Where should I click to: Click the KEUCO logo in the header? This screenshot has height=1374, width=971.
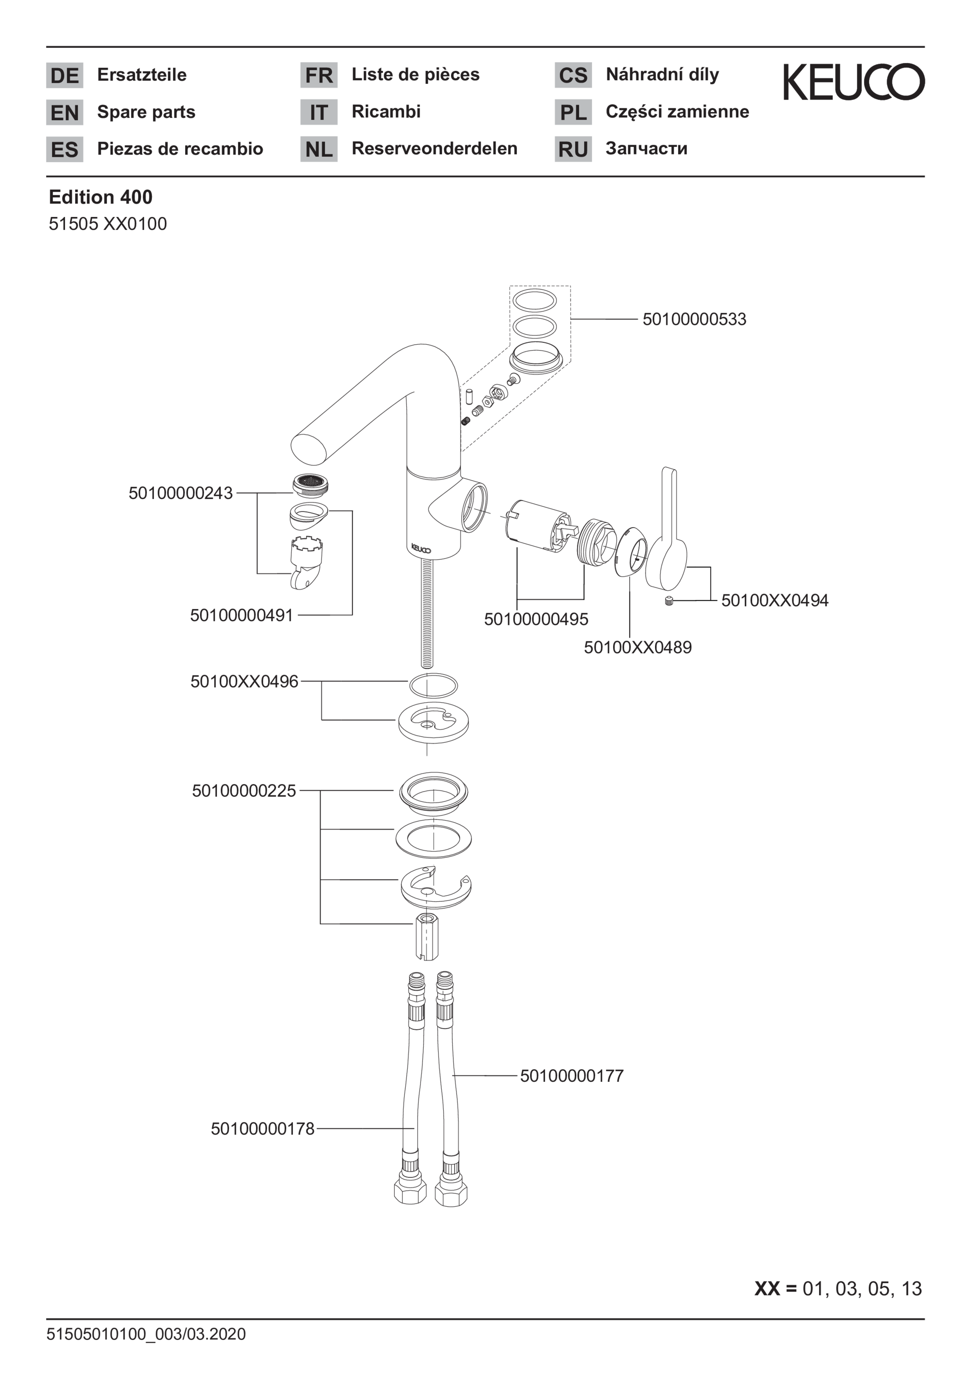click(854, 82)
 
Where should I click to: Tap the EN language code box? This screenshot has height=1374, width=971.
click(64, 112)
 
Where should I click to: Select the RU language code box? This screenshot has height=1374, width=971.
click(573, 150)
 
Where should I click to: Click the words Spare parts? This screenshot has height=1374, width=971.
click(146, 112)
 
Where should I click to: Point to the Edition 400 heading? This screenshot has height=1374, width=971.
click(100, 197)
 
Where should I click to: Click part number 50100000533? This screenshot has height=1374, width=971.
click(694, 319)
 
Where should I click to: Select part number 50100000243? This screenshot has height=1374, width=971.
click(181, 493)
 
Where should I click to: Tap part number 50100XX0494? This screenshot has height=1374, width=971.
click(775, 600)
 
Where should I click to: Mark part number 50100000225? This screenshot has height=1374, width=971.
click(244, 791)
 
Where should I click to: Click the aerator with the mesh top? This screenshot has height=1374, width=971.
click(310, 484)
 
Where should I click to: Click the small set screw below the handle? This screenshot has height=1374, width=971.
click(669, 601)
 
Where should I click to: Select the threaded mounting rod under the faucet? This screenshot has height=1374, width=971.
click(426, 613)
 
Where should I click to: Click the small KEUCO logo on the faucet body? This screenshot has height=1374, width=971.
click(421, 547)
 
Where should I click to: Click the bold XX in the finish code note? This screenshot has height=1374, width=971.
click(767, 1288)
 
